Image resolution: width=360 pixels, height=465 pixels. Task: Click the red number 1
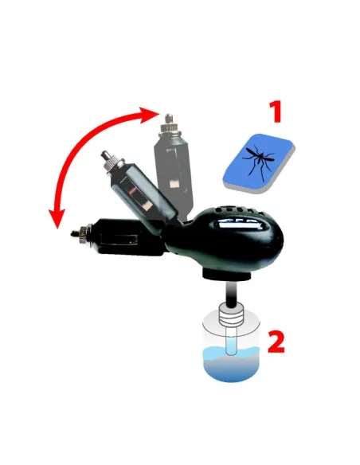tap(275, 111)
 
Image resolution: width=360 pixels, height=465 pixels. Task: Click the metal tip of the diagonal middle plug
tap(104, 157)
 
